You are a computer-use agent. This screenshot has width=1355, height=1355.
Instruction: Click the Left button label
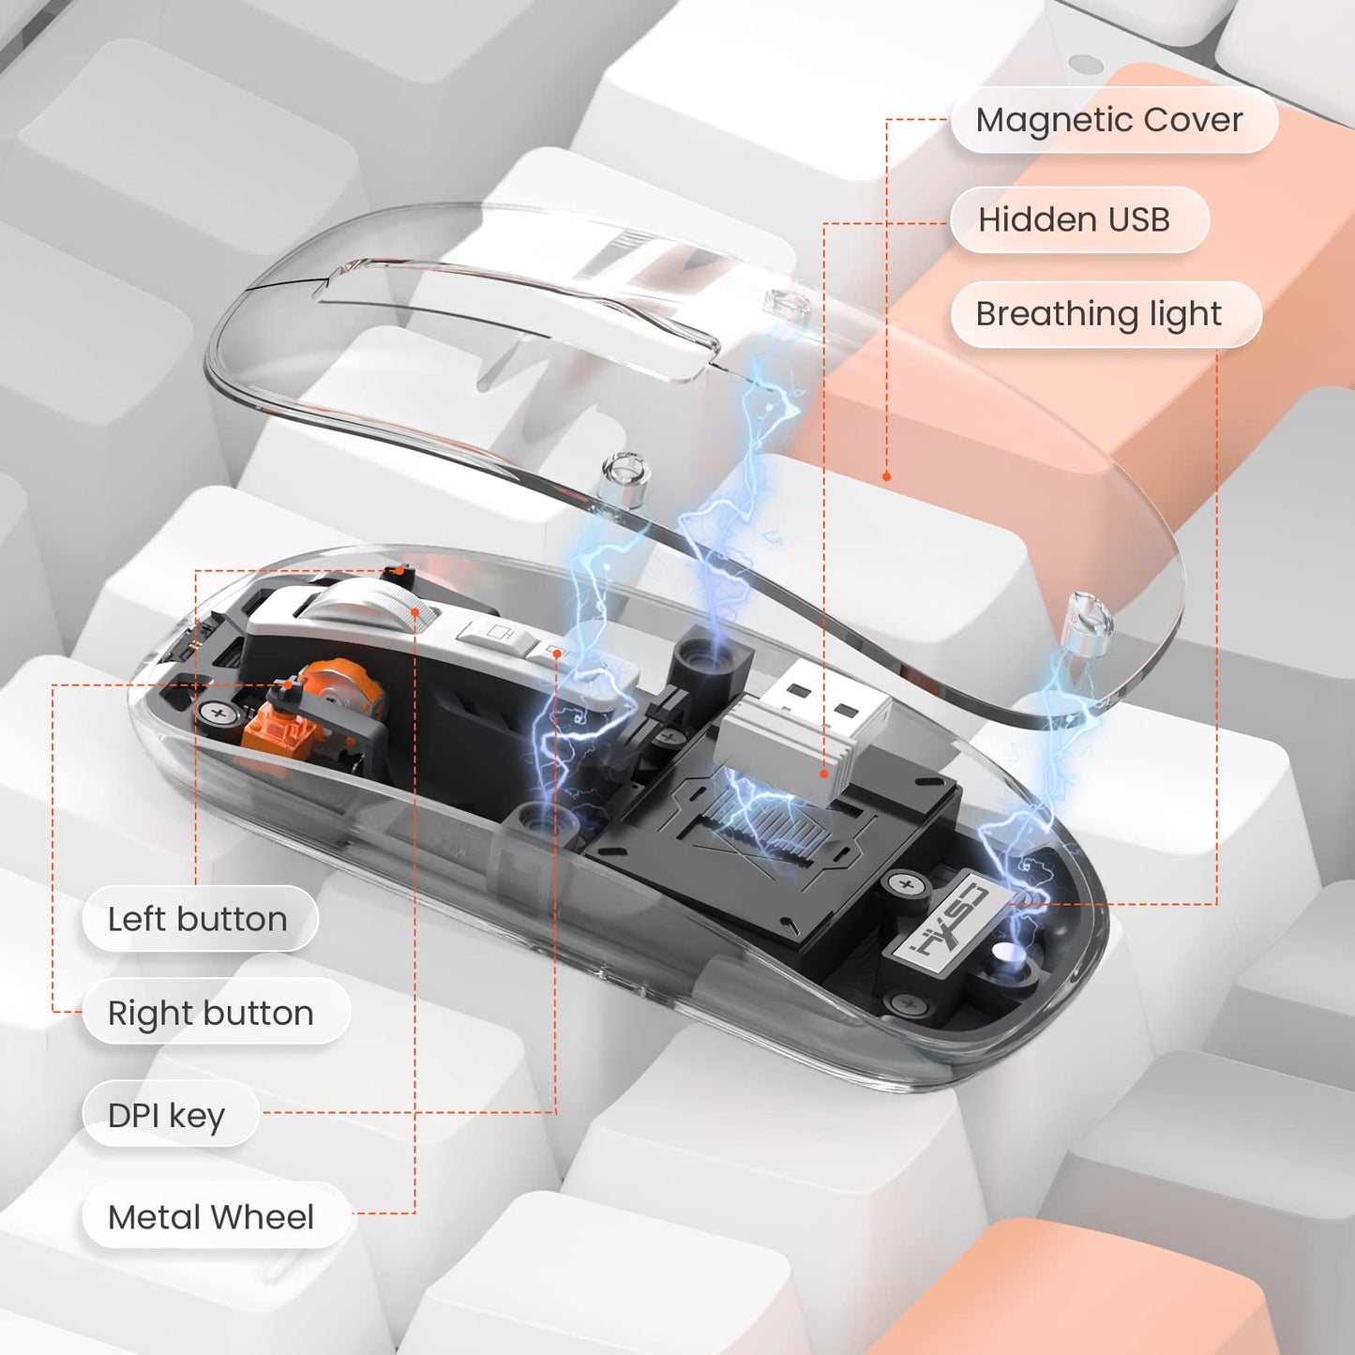coord(200,918)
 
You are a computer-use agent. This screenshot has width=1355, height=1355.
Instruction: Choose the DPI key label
coord(170,1115)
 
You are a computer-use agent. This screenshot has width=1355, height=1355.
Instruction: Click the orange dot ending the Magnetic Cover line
coord(887,476)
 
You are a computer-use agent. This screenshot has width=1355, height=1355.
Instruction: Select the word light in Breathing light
coord(1185,315)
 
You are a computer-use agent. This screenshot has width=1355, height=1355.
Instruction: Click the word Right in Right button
coord(150,1014)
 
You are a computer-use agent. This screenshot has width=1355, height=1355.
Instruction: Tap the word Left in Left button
coord(138,918)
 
